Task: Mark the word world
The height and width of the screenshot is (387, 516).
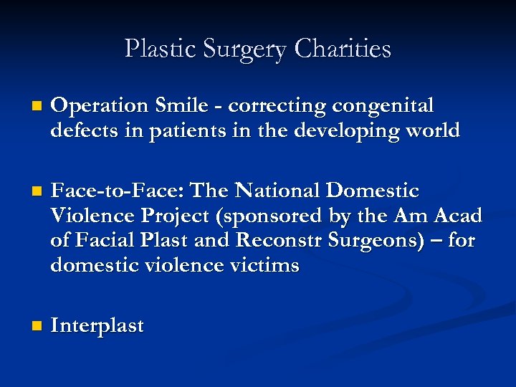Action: tap(429, 130)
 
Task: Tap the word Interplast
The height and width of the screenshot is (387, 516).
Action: tap(97, 326)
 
